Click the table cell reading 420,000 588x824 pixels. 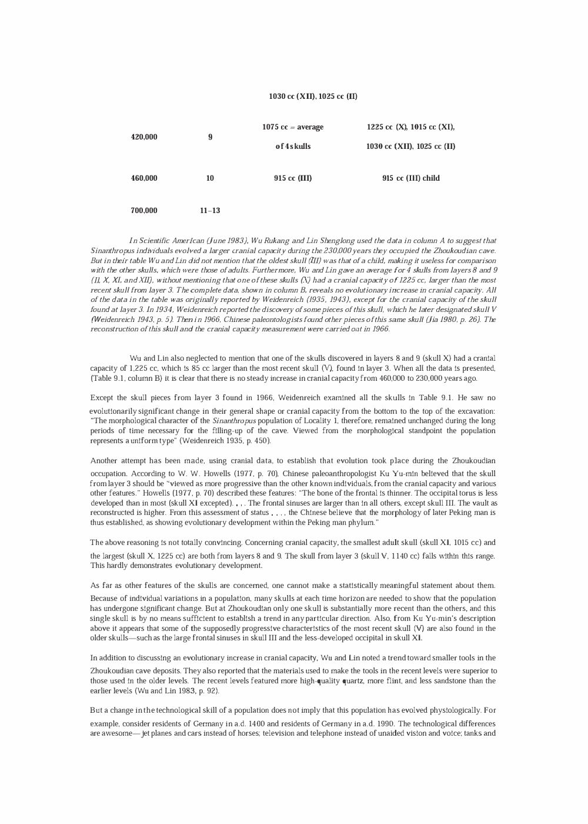click(144, 137)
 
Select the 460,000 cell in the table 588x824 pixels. click(144, 178)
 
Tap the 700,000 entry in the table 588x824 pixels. click(144, 210)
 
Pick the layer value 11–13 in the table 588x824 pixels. click(210, 210)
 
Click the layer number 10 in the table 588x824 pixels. click(210, 178)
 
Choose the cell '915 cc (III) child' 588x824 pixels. click(410, 178)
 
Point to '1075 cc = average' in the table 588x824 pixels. click(293, 127)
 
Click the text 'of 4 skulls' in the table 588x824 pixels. click(293, 146)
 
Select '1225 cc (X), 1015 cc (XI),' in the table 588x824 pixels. click(410, 127)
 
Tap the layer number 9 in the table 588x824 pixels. click(210, 137)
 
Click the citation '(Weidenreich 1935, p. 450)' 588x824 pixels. click(225, 441)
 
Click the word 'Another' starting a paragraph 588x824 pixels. click(103, 461)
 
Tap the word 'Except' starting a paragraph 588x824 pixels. click(101, 398)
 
